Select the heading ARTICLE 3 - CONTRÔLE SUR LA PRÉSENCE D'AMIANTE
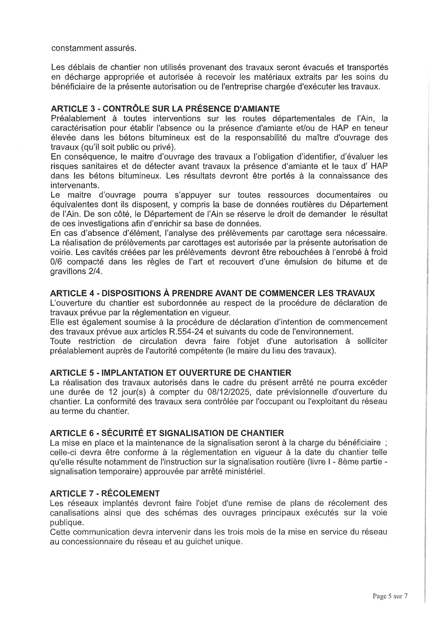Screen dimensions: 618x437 (x=165, y=109)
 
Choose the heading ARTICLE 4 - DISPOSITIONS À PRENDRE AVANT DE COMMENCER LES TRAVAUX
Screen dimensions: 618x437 (x=212, y=293)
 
